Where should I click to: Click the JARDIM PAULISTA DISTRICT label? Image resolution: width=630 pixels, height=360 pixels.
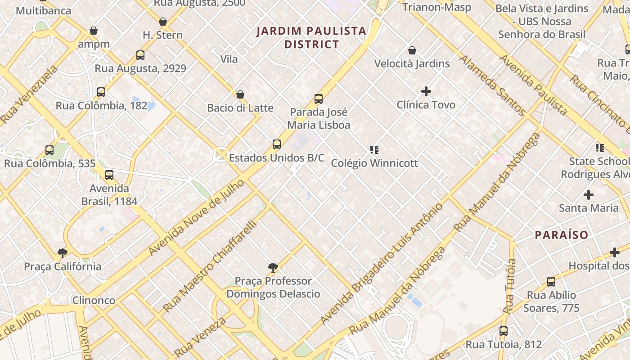click(311, 37)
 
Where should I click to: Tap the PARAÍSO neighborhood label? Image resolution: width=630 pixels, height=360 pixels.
click(561, 234)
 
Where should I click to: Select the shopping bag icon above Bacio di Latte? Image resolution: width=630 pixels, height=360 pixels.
click(240, 94)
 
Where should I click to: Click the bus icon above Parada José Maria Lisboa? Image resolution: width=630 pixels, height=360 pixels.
click(319, 99)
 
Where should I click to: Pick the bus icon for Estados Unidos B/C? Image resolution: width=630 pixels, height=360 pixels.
click(277, 144)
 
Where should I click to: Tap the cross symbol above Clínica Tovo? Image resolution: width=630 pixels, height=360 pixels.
click(426, 91)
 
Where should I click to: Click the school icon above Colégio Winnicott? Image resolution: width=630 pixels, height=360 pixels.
click(374, 149)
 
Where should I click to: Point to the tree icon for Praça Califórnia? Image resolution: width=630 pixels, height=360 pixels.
click(63, 253)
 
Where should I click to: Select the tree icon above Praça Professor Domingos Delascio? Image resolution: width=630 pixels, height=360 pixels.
click(273, 268)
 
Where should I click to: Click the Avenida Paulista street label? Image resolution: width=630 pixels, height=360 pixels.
click(533, 85)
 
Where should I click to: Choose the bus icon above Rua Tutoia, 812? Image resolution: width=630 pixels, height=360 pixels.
click(504, 331)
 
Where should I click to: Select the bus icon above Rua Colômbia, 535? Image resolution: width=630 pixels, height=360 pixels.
click(49, 150)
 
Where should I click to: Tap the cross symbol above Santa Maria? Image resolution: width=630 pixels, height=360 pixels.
click(588, 195)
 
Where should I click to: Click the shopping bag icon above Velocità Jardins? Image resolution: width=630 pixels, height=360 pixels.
click(412, 50)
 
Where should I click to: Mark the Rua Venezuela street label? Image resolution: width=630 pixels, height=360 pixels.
click(29, 95)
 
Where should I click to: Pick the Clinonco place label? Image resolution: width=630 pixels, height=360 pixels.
click(94, 300)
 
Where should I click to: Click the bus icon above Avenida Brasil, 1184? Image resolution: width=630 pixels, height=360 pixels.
click(109, 175)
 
